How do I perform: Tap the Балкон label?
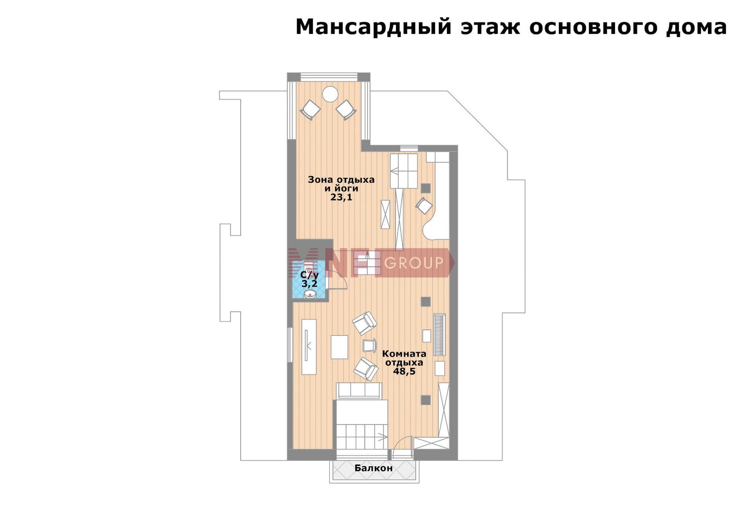tap(374, 468)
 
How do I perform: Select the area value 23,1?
tap(341, 197)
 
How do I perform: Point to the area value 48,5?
tap(404, 371)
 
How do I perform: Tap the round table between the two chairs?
tap(330, 94)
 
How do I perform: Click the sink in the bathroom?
tap(310, 294)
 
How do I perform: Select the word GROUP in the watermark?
tap(414, 263)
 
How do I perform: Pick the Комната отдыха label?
tap(404, 358)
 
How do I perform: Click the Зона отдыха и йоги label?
tap(341, 184)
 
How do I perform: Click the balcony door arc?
tap(402, 447)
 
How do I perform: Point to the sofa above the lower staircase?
tap(359, 391)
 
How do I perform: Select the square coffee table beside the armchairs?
tap(339, 347)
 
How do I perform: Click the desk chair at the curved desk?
tap(424, 205)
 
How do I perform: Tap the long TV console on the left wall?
tap(309, 347)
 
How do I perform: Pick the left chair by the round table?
tap(310, 110)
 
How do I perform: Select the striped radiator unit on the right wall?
tap(439, 335)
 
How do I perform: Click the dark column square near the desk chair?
tap(425, 188)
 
